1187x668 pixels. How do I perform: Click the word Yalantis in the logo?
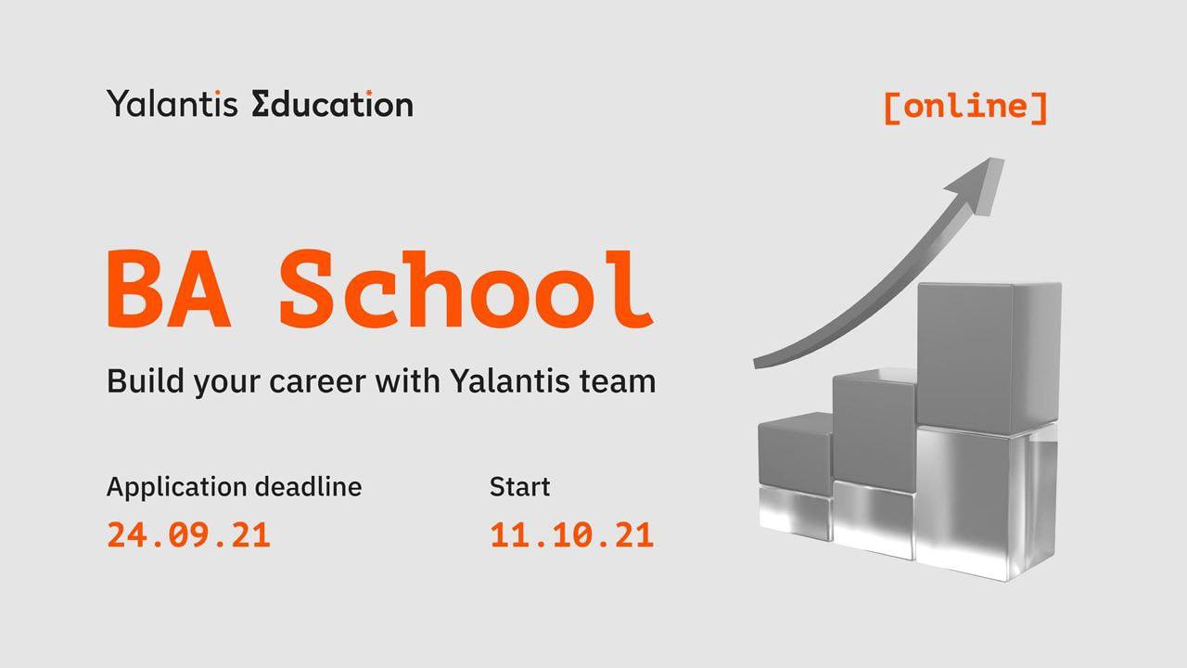(172, 103)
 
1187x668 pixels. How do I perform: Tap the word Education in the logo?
(332, 103)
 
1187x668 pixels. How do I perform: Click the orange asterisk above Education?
(369, 94)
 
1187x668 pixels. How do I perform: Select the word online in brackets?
(965, 106)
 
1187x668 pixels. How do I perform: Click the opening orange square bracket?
(892, 109)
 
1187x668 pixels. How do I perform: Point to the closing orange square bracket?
(1040, 109)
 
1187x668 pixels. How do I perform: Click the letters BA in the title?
(170, 289)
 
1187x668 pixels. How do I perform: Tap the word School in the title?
(466, 289)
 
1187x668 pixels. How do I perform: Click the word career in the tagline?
(317, 381)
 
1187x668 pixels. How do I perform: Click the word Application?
(177, 488)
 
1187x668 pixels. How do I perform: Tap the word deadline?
(309, 487)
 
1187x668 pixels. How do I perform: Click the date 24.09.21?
(189, 535)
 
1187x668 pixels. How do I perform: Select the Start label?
(520, 487)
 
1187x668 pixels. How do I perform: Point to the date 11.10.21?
(572, 535)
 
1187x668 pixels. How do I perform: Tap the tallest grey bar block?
(989, 430)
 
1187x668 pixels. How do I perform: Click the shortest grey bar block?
(795, 476)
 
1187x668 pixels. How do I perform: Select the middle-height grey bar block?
(874, 464)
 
